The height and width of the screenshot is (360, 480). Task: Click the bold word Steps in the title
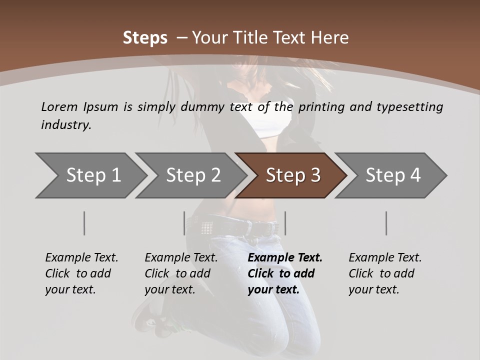pos(145,37)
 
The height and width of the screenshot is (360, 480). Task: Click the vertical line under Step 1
pos(84,223)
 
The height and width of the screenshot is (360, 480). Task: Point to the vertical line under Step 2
pos(184,223)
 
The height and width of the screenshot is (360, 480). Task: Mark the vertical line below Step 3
pos(285,223)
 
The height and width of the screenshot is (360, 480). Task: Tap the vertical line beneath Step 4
pos(386,223)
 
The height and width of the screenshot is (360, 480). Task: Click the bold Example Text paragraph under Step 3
pos(285,273)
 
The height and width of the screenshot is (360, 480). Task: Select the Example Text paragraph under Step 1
pos(81,273)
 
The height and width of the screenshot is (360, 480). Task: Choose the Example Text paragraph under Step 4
pos(385,273)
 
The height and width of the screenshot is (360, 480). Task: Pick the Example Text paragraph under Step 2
pos(181,273)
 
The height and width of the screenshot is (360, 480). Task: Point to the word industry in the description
pos(65,124)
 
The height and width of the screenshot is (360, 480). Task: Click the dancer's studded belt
pos(240,228)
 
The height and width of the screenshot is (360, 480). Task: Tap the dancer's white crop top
pos(272,125)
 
